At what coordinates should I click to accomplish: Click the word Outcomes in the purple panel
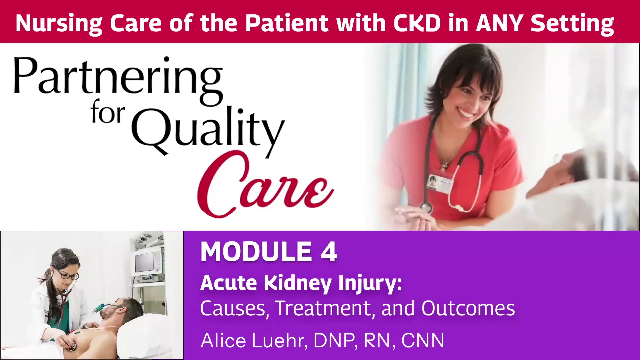tap(468, 308)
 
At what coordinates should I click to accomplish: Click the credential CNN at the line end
tap(423, 341)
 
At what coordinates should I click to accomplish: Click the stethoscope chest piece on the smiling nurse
tap(426, 208)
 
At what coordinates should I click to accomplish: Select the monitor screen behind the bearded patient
tap(144, 262)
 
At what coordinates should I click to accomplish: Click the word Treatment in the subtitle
tap(323, 308)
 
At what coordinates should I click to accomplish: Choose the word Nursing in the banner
tap(59, 24)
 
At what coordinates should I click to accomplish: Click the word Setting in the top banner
tap(572, 24)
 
